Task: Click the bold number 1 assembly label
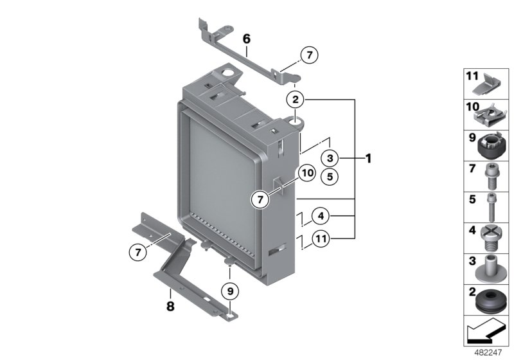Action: pyautogui.click(x=368, y=157)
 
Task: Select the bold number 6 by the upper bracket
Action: pyautogui.click(x=246, y=39)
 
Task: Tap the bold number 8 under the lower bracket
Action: pyautogui.click(x=170, y=307)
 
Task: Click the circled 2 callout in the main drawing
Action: pyautogui.click(x=295, y=100)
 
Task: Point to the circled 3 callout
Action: pyautogui.click(x=328, y=157)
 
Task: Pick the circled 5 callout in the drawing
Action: pyautogui.click(x=328, y=175)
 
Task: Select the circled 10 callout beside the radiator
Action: pyautogui.click(x=306, y=173)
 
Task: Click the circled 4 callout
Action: pyautogui.click(x=322, y=215)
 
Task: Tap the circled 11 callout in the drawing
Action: pyautogui.click(x=322, y=240)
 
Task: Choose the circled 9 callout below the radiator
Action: pyautogui.click(x=229, y=291)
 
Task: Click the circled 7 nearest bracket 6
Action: pyautogui.click(x=309, y=56)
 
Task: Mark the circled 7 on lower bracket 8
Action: pyautogui.click(x=137, y=253)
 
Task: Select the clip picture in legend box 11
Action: pyautogui.click(x=490, y=84)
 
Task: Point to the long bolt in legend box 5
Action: pyautogui.click(x=490, y=208)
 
